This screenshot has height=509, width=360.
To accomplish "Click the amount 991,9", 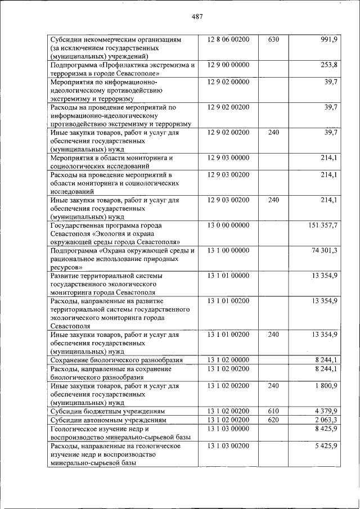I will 327,40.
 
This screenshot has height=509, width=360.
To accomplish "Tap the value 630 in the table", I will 273,40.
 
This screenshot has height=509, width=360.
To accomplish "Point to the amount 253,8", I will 327,65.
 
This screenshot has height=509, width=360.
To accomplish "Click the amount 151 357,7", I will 323,225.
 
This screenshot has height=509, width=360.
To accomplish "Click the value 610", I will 273,411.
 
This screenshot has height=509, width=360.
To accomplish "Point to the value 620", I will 273,420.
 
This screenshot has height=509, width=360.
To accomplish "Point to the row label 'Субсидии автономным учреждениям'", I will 108,420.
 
